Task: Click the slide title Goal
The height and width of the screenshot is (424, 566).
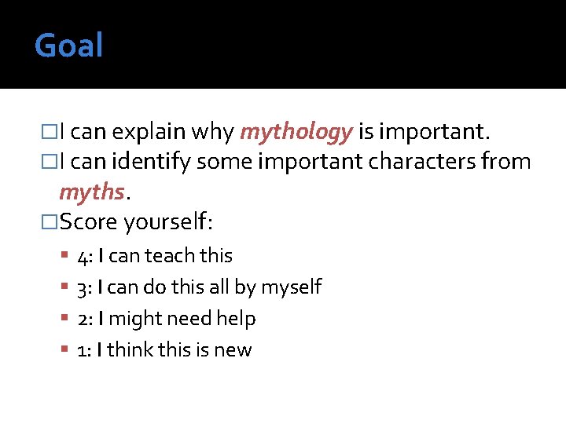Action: [68, 46]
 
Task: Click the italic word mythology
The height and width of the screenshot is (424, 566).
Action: [296, 133]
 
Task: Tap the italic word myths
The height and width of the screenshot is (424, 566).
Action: [92, 192]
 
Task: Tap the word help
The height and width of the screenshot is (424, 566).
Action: [237, 319]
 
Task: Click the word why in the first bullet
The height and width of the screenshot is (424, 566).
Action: [213, 133]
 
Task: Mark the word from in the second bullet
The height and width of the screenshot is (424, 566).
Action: [507, 163]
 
